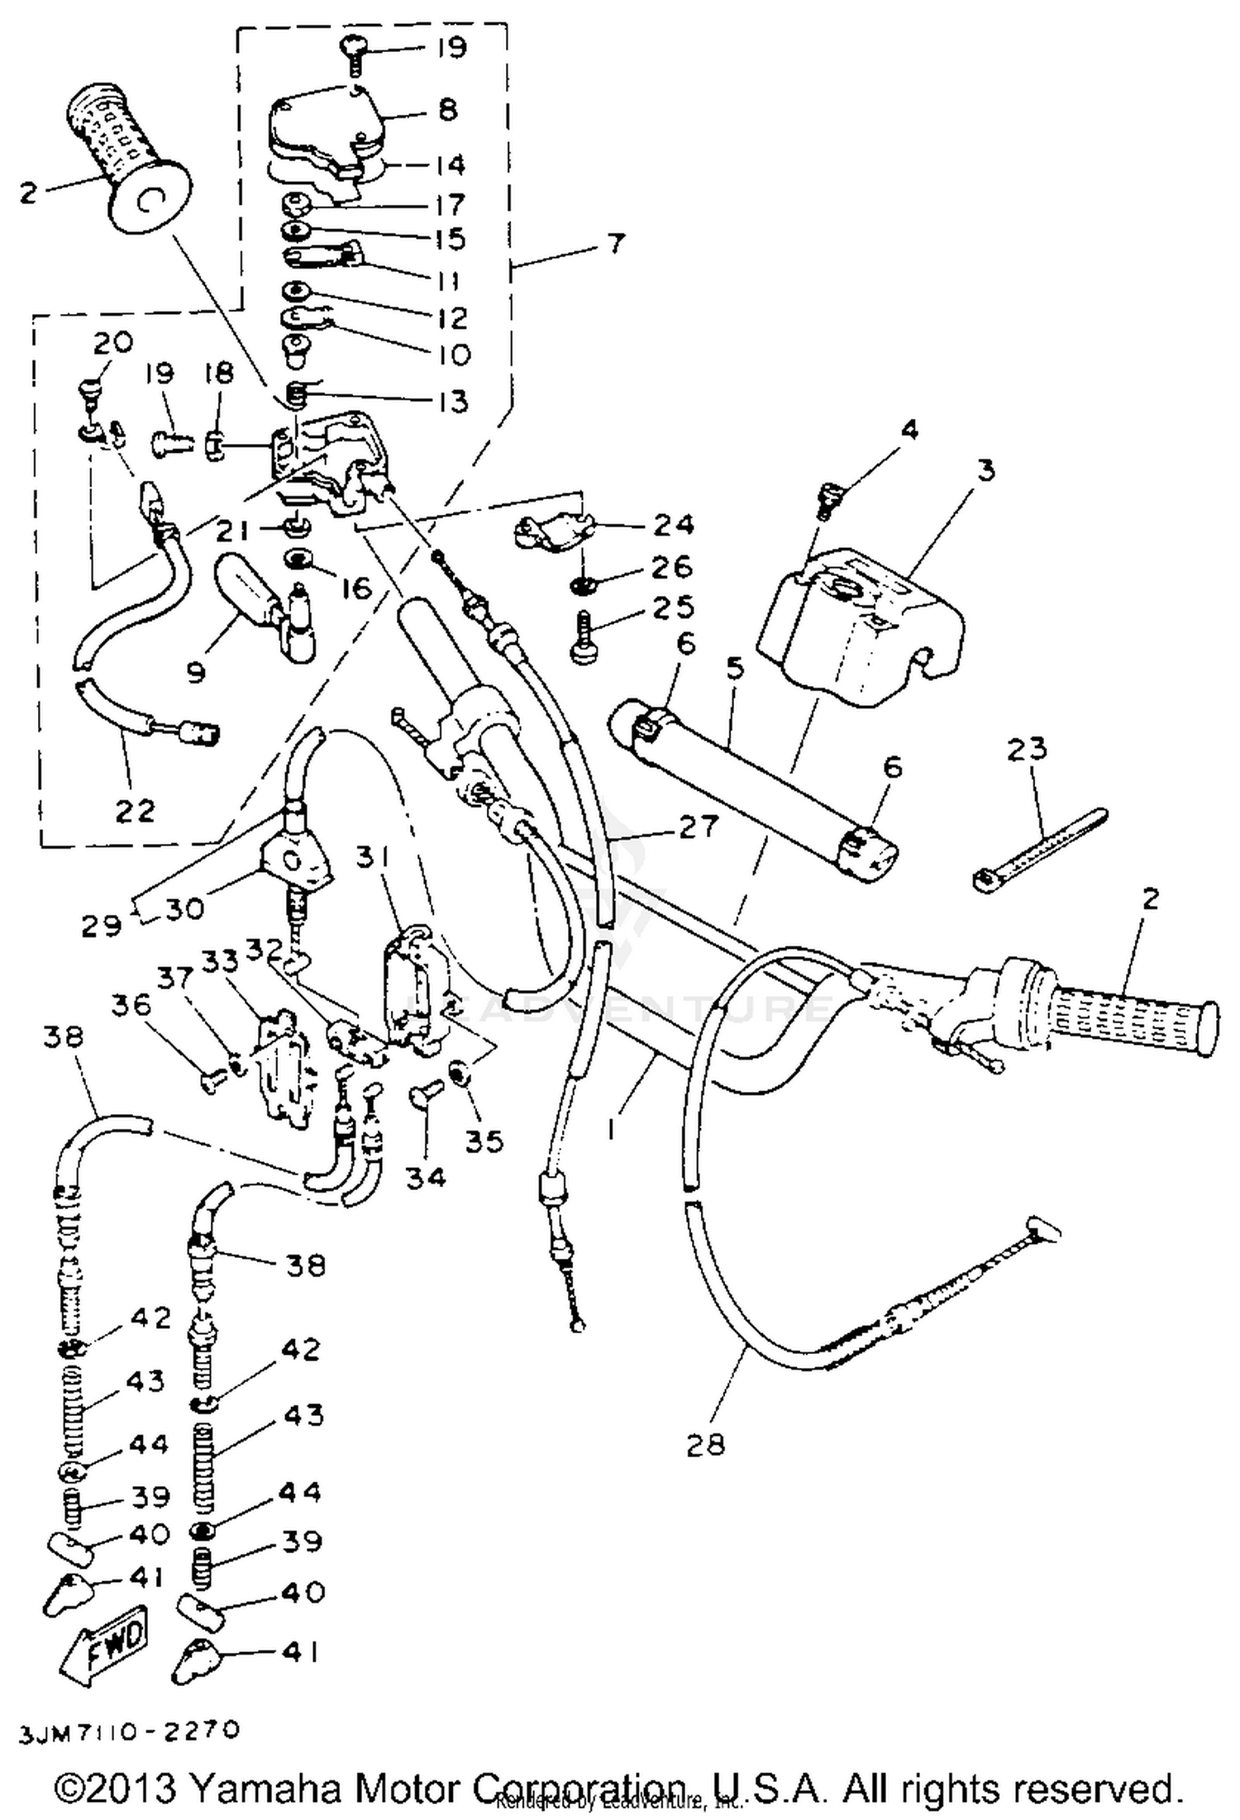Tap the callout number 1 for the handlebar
[611, 1127]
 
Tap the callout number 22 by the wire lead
[135, 811]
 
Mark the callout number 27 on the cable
[699, 826]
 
